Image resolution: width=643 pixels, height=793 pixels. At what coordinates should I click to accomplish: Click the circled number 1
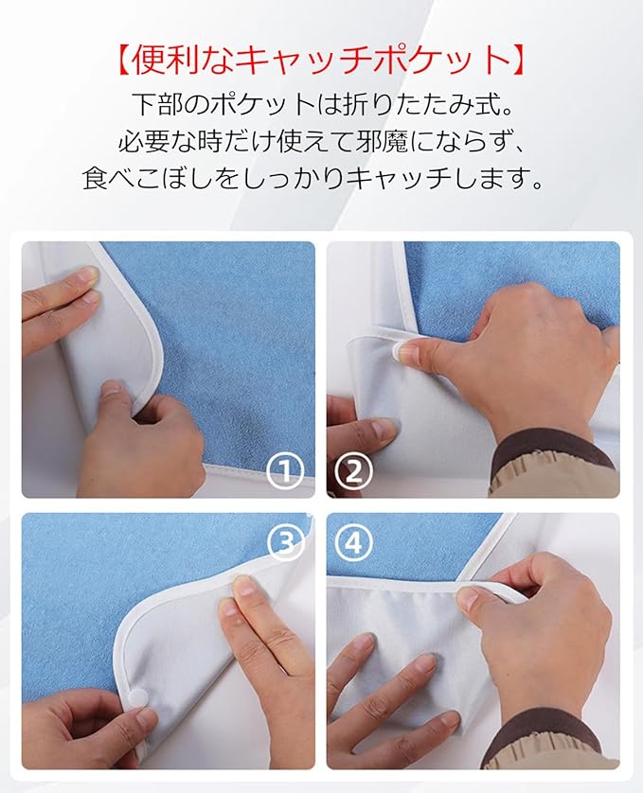pos(286,471)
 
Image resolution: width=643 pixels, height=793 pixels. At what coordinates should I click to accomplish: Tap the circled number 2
pos(353,471)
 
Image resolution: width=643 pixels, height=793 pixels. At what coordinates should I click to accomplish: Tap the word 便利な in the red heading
pos(183,61)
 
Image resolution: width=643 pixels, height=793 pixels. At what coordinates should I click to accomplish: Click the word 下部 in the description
pos(156,104)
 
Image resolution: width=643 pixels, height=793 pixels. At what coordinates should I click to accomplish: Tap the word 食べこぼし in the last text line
pos(147,178)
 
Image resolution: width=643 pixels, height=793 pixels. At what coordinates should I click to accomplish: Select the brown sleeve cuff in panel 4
pos(546,729)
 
